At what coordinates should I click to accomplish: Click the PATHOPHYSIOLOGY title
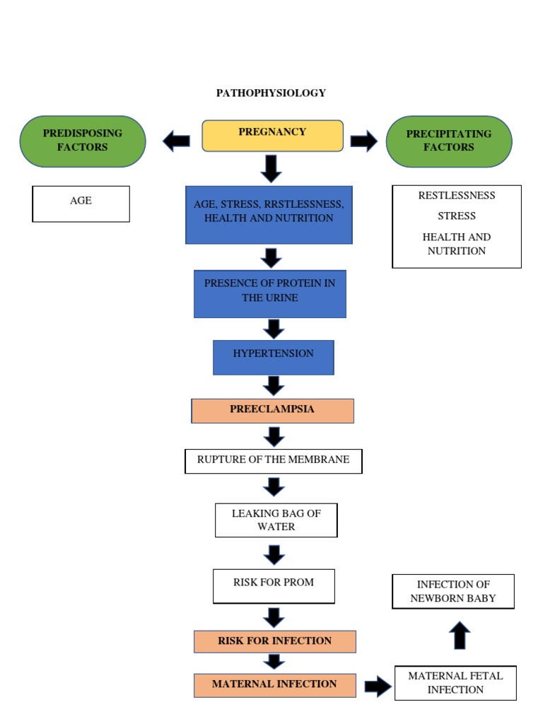271,93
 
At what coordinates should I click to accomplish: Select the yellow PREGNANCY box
272,135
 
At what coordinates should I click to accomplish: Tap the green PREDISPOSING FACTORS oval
83,141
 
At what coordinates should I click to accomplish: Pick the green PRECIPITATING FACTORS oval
449,141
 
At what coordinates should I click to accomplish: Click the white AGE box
81,204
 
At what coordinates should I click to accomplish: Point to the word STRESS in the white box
456,216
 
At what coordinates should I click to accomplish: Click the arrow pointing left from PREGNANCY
176,141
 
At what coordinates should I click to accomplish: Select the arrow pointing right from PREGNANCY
363,141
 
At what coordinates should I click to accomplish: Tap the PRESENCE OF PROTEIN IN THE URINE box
270,293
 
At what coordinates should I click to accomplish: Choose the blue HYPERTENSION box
273,357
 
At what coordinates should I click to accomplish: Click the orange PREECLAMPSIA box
272,410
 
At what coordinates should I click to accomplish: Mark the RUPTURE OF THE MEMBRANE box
273,461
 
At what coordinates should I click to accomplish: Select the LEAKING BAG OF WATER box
276,520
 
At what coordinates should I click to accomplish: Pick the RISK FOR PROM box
274,586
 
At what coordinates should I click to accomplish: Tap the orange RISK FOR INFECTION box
274,641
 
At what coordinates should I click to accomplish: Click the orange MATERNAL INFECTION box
274,684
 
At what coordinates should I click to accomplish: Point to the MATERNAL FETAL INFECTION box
455,683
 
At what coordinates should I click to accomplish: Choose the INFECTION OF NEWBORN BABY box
453,591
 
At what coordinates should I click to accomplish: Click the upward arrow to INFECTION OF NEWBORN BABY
460,635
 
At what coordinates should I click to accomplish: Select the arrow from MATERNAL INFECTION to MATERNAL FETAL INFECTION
378,685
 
